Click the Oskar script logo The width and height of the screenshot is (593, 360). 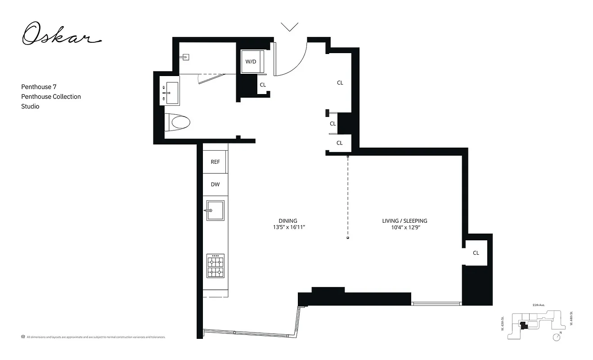point(61,35)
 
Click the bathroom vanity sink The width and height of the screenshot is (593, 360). point(170,93)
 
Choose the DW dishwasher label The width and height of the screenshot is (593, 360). point(215,184)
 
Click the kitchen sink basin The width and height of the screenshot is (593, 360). point(215,211)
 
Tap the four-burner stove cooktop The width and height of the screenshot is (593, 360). point(215,266)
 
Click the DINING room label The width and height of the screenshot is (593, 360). point(288,220)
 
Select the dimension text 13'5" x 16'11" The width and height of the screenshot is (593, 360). point(288,227)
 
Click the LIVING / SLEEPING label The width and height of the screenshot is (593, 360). point(404,220)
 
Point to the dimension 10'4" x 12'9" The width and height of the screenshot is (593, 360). point(404,227)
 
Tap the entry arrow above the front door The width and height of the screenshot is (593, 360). point(289,27)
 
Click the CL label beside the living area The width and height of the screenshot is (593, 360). point(476,253)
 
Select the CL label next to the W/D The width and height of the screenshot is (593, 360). point(263,85)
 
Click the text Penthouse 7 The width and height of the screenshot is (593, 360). point(39,86)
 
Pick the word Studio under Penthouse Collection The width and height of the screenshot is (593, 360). point(30,106)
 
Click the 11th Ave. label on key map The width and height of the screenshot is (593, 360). point(539,305)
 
